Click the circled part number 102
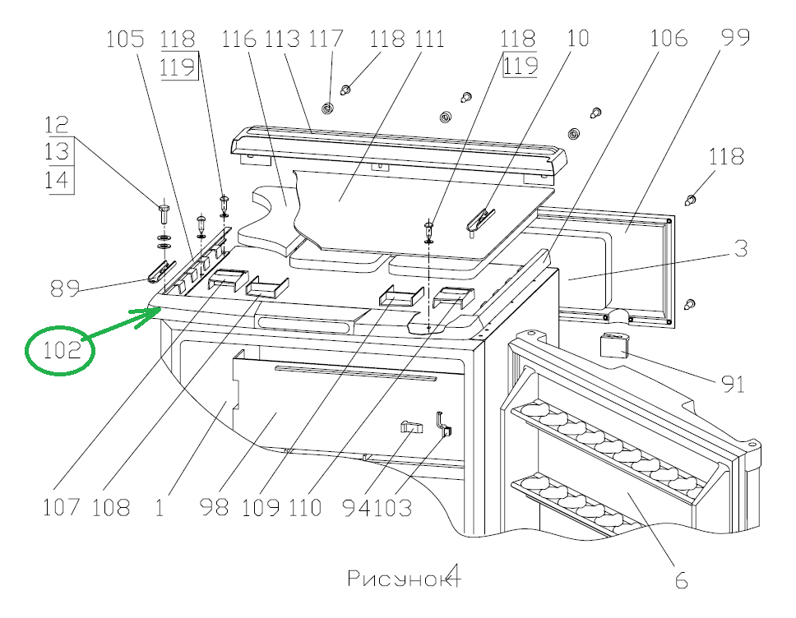coord(61,351)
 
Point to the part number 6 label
coord(681,580)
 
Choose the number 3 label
coord(740,249)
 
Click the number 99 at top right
coord(735,38)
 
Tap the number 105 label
coord(125,39)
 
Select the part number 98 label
coord(215,507)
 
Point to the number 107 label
coord(62,507)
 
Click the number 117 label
coord(326,39)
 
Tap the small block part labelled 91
coord(613,345)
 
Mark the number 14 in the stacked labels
coord(58,180)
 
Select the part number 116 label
coord(239,39)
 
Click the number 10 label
coord(578,38)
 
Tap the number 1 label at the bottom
coord(159,507)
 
